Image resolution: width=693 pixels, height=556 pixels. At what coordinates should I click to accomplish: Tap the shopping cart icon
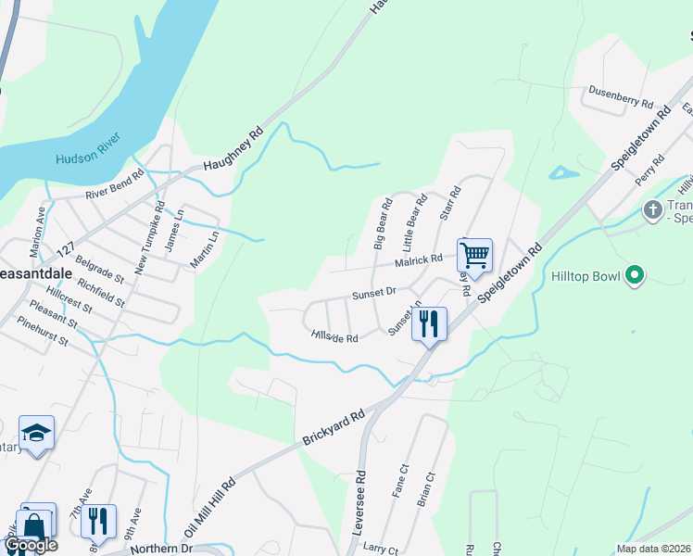[x=473, y=254]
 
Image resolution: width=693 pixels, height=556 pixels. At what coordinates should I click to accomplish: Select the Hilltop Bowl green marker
[x=635, y=275]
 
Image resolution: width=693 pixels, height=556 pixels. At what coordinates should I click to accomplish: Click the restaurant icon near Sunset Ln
[x=429, y=323]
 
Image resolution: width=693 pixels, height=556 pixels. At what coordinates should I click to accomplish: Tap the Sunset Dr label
[x=373, y=294]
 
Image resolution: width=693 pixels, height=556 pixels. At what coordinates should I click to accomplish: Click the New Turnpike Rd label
[x=148, y=237]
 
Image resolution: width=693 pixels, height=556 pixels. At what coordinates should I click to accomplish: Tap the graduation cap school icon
[x=36, y=433]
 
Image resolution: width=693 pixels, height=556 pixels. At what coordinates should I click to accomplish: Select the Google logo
[x=31, y=545]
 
